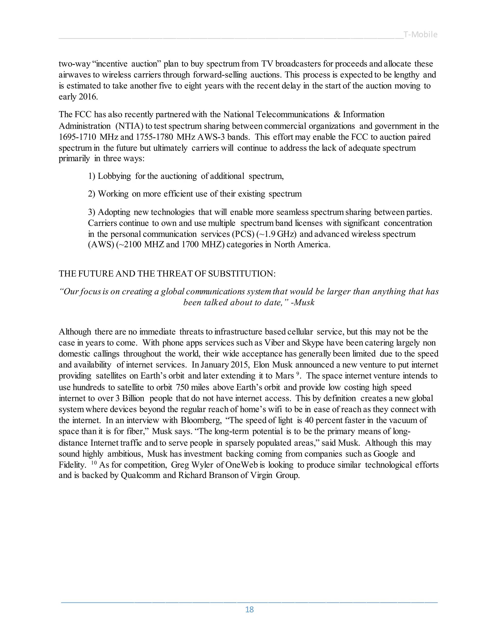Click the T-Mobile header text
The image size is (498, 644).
420,35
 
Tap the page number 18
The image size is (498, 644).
249,609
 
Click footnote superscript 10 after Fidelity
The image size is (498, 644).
94,463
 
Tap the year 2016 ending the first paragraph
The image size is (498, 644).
88,97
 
